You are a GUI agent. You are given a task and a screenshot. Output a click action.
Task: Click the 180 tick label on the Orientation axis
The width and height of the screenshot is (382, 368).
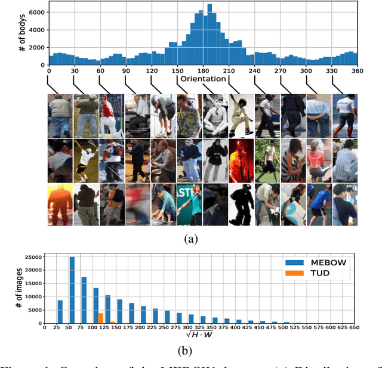coord(203,70)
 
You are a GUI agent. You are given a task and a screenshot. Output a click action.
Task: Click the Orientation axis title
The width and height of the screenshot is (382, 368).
coord(204,79)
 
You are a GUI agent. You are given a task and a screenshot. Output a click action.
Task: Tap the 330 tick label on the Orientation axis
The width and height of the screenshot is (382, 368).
coord(331,70)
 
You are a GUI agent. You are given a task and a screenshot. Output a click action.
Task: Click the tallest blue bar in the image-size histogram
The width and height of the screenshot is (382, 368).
coord(72,290)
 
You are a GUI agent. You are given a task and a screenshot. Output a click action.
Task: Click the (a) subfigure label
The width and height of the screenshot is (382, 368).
coord(190,238)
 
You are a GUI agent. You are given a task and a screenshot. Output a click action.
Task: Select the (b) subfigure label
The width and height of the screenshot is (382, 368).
coord(190,348)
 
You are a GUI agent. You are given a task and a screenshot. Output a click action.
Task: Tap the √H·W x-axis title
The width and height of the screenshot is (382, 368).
coord(203,335)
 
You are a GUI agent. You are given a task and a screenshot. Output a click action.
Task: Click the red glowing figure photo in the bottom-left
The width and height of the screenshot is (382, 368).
coord(60,205)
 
